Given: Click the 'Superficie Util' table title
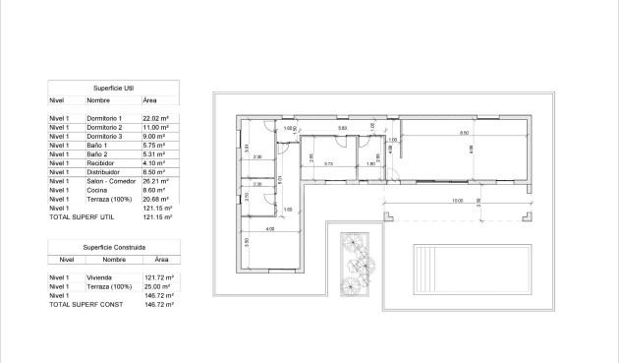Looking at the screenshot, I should tap(114, 87).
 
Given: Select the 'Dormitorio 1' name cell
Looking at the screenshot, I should tap(105, 118).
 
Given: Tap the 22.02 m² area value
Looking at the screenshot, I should tap(156, 118).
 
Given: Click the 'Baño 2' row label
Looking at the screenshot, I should tap(96, 154).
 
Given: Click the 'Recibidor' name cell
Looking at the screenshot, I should tap(100, 163).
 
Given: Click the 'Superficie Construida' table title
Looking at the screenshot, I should tap(114, 246).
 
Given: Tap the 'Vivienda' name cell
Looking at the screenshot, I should tap(99, 278).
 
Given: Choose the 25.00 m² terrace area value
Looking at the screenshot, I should tap(157, 286).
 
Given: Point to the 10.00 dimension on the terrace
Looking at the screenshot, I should tap(457, 201).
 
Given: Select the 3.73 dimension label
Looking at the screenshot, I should tap(329, 163).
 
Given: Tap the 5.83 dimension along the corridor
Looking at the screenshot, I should tap(342, 129).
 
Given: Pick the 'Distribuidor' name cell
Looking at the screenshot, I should tap(103, 172).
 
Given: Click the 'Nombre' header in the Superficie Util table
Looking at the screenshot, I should tap(98, 100).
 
